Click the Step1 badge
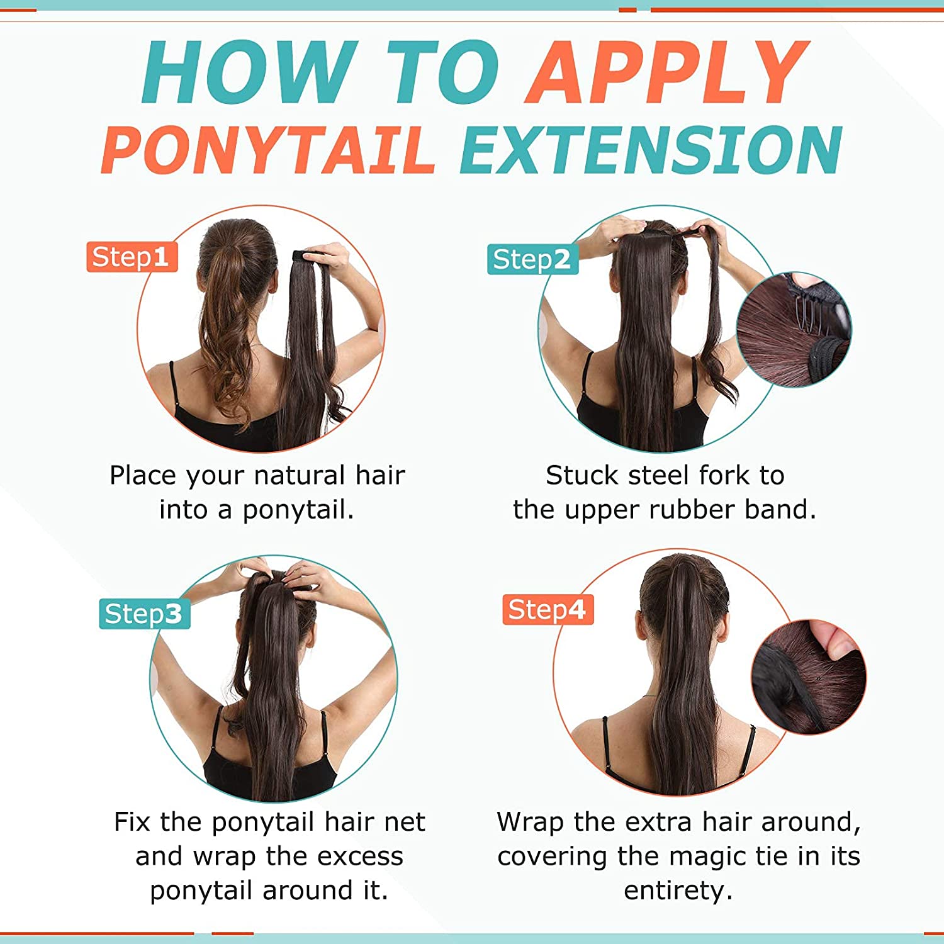pos(132,257)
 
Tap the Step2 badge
pos(532,259)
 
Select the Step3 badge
pos(144,614)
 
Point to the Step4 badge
pos(548,609)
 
